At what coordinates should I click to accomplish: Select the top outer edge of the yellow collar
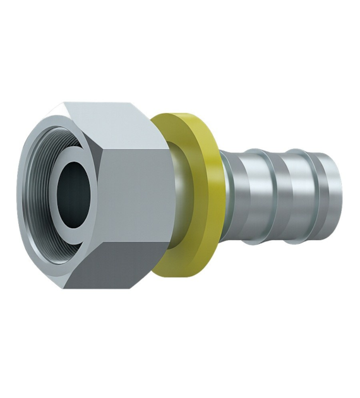tap(180, 116)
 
